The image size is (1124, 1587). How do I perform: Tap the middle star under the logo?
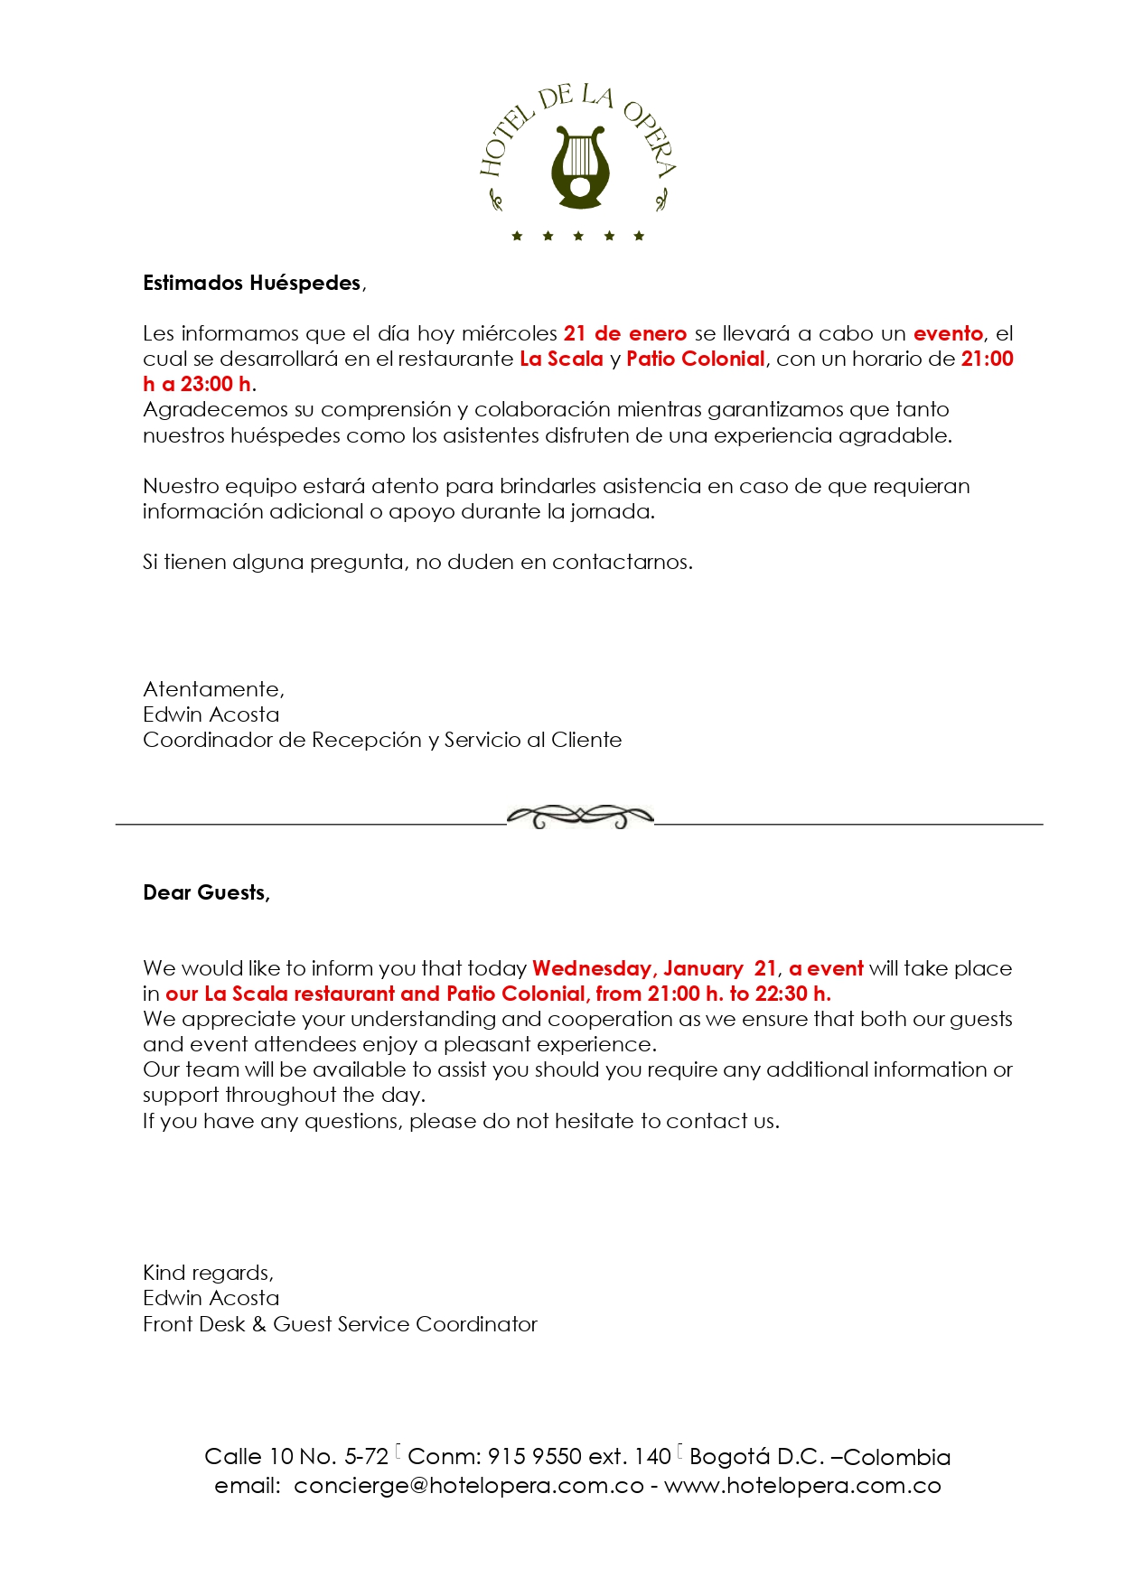pos(578,237)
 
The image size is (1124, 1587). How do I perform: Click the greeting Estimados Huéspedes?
pos(253,284)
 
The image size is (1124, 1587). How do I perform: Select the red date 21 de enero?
pos(625,334)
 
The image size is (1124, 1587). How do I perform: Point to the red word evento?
pos(948,334)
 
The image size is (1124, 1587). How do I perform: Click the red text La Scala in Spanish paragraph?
pos(561,359)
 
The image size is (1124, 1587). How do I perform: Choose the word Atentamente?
pos(213,690)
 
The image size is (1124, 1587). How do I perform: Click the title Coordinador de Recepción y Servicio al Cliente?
pos(382,741)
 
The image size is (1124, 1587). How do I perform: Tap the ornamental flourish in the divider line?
pos(580,817)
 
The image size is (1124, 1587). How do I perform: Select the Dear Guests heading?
pos(206,893)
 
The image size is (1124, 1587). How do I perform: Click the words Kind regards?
pos(208,1274)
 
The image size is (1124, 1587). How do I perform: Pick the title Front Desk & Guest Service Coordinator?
pos(340,1325)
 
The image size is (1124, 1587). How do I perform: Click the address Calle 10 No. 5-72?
pos(296,1457)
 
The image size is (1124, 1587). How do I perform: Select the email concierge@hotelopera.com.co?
pos(469,1487)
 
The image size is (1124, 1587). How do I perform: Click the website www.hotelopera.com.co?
pos(802,1487)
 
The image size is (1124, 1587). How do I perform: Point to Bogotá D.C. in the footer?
pos(757,1457)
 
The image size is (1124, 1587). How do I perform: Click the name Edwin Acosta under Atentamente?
pos(211,715)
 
